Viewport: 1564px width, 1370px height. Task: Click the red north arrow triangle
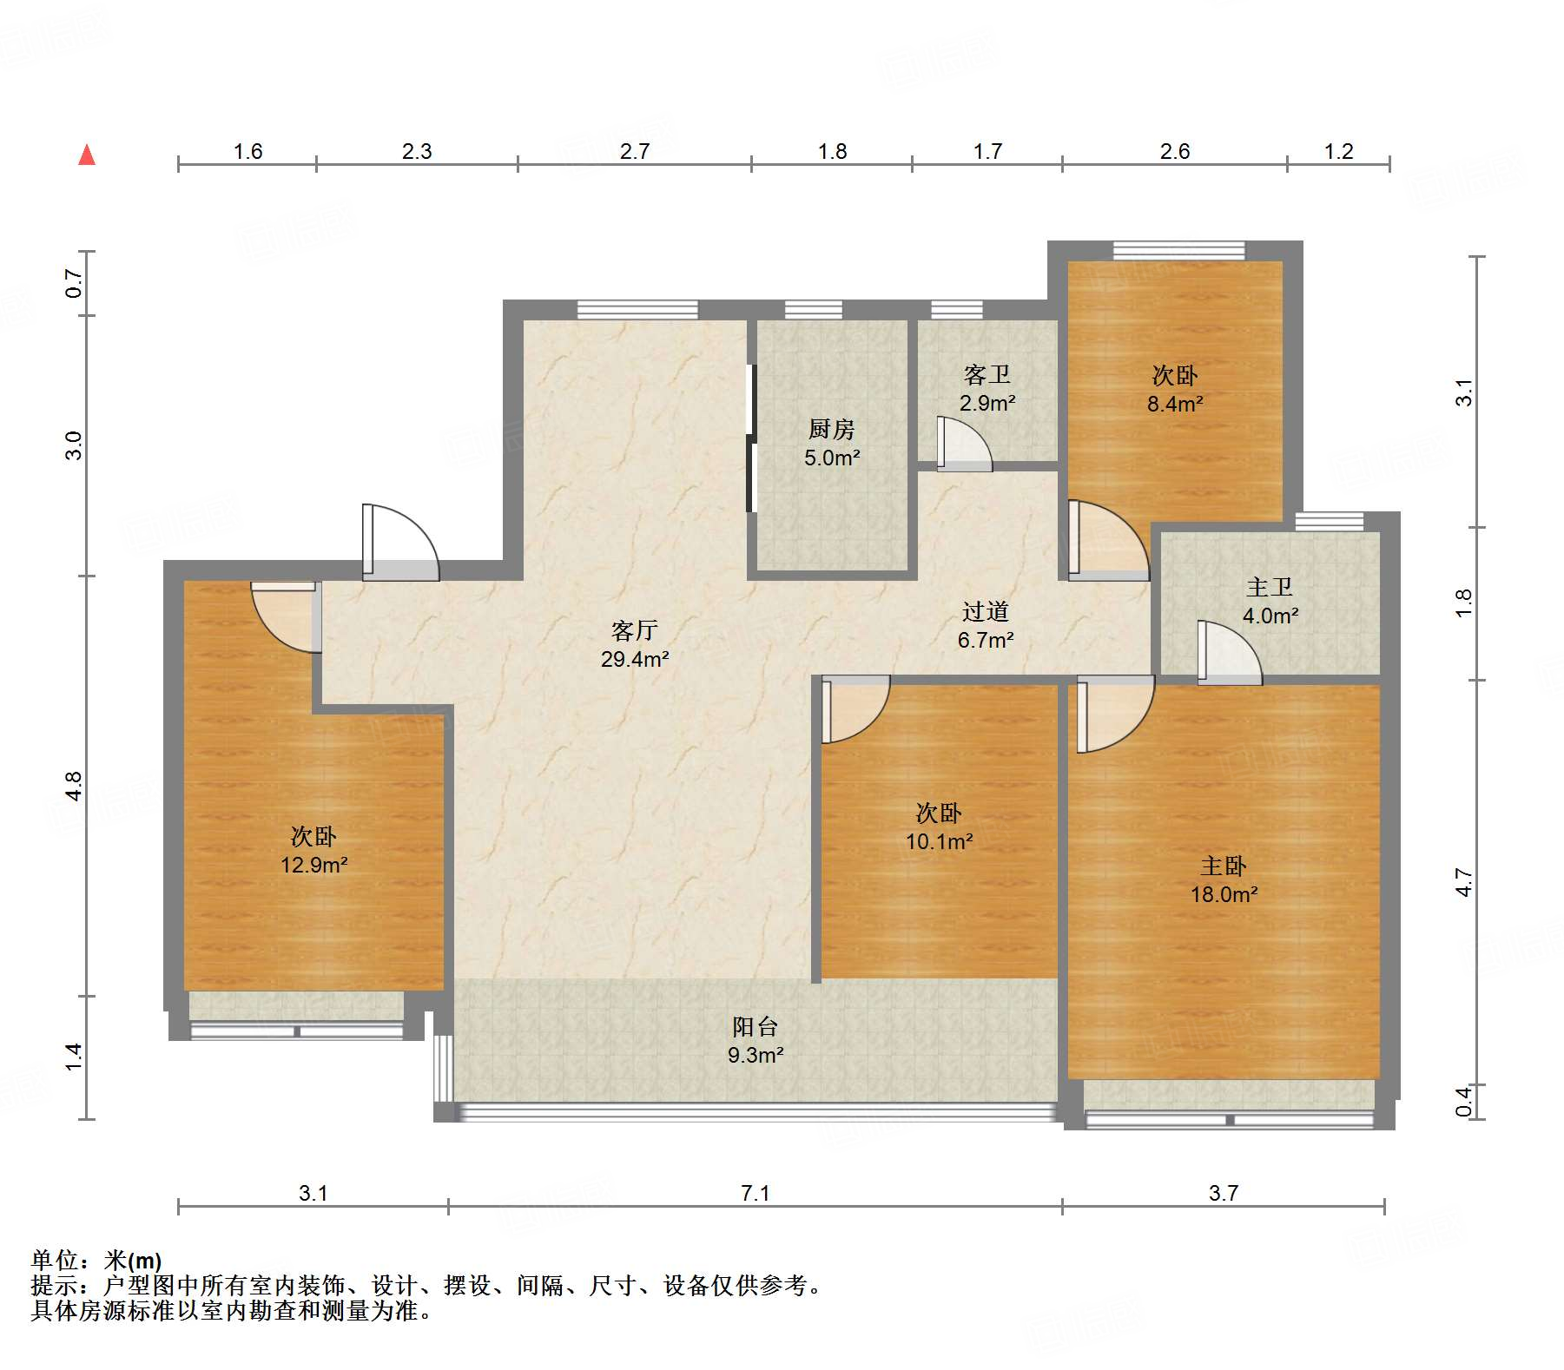[87, 155]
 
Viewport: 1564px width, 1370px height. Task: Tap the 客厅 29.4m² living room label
[635, 644]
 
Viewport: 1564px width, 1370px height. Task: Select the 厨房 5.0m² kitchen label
[832, 443]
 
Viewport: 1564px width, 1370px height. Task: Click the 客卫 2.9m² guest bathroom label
[987, 388]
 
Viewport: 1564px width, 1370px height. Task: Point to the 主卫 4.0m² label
[1270, 601]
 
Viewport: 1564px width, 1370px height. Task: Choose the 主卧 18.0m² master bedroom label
[1224, 879]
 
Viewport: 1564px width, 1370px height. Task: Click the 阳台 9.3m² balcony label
[756, 1040]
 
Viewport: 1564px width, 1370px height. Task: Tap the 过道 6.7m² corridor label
[986, 625]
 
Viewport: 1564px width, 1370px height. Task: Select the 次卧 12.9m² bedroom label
[313, 850]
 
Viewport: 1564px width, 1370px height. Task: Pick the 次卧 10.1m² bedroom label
[939, 827]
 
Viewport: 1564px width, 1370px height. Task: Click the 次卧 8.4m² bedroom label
[1175, 389]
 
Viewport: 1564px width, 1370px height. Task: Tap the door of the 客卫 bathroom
[963, 445]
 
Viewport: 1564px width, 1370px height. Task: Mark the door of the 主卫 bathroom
[1228, 654]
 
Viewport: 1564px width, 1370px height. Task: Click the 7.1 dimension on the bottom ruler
[755, 1193]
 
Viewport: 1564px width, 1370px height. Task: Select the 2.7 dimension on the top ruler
[634, 151]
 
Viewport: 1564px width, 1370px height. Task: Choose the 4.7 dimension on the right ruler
[1464, 882]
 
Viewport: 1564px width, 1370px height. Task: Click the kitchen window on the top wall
[813, 309]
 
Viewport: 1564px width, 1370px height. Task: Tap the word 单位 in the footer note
[54, 1260]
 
